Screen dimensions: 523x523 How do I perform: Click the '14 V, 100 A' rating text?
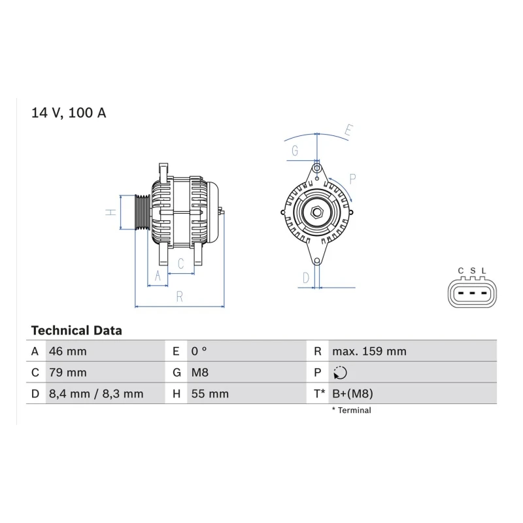[69, 112]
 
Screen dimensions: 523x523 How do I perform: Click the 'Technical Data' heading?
[76, 331]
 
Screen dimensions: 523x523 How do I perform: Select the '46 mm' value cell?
[68, 351]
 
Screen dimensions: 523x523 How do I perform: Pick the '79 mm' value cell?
[68, 372]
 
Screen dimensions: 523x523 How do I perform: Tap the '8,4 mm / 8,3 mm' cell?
[96, 394]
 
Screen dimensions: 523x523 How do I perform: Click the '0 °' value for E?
[199, 351]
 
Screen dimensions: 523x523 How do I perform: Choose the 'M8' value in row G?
[200, 372]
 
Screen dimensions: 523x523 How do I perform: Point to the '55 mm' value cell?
[210, 394]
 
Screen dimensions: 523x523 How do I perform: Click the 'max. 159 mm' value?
[369, 351]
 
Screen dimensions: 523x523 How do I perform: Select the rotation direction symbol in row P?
[340, 373]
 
